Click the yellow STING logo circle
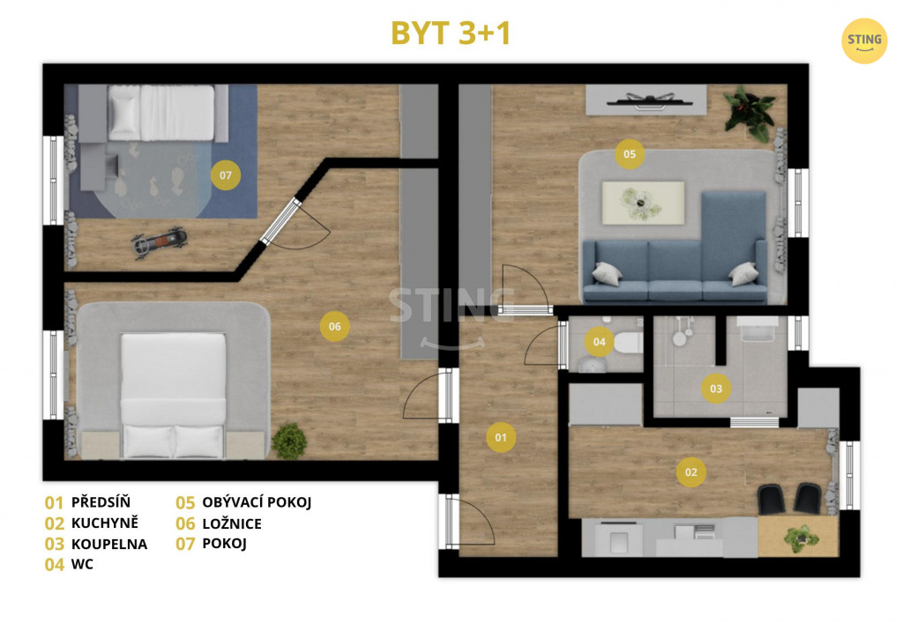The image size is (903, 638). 864,41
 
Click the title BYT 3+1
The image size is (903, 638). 451,33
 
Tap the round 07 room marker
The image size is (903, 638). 225,174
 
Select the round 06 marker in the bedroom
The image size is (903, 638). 334,326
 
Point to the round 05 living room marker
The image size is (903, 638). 630,153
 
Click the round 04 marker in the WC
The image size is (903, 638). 599,342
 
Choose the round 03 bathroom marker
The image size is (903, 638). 716,389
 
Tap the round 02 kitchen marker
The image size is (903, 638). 690,472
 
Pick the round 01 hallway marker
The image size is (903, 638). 501,437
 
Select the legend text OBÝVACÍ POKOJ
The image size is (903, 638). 257,502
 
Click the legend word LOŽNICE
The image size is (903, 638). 232,523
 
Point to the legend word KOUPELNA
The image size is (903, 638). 109,544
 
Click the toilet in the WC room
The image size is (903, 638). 627,343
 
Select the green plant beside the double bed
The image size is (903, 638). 289,441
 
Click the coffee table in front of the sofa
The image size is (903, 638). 643,203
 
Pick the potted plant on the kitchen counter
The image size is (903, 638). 801,538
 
